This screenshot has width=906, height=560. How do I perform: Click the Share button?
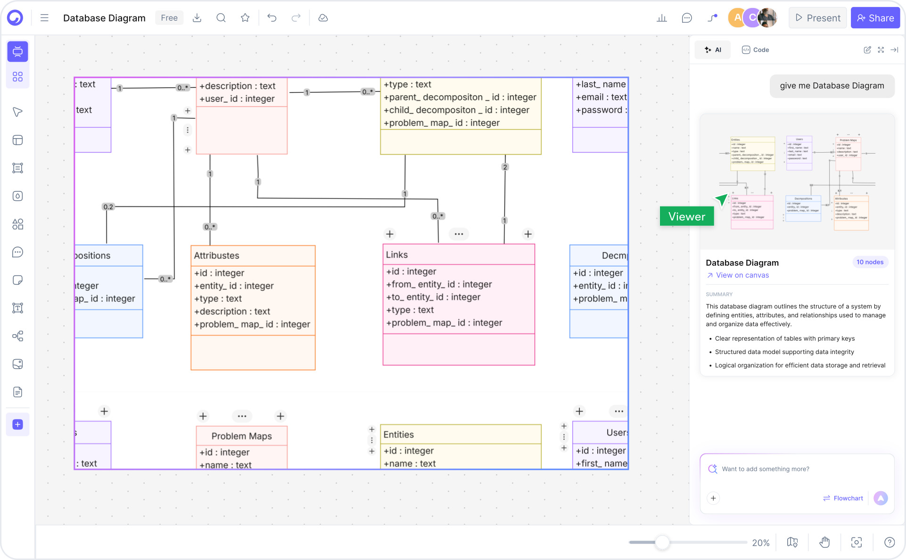click(x=875, y=18)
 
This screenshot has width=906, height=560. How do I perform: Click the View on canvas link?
click(x=742, y=275)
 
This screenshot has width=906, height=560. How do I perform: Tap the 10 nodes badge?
click(x=870, y=262)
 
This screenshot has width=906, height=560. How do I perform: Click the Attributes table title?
click(x=217, y=255)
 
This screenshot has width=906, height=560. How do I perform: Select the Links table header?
click(x=397, y=255)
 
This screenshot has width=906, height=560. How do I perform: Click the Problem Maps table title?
click(x=241, y=436)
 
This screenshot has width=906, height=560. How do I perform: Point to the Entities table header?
click(x=399, y=435)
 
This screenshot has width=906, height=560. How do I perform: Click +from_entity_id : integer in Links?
click(x=439, y=284)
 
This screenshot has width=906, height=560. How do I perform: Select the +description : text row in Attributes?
click(x=232, y=312)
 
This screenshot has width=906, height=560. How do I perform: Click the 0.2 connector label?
click(x=108, y=207)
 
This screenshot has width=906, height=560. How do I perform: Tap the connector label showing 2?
click(x=505, y=167)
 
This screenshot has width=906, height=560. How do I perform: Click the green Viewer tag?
click(x=686, y=216)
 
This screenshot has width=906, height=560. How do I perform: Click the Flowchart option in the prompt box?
click(x=843, y=498)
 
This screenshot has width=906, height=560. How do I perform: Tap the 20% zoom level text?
click(x=760, y=543)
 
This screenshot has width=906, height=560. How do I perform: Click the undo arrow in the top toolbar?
click(x=272, y=18)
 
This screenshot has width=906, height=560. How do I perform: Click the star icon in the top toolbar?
click(x=245, y=18)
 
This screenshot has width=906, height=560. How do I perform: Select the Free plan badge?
click(x=169, y=18)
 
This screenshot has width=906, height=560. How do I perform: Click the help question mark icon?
click(x=889, y=543)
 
